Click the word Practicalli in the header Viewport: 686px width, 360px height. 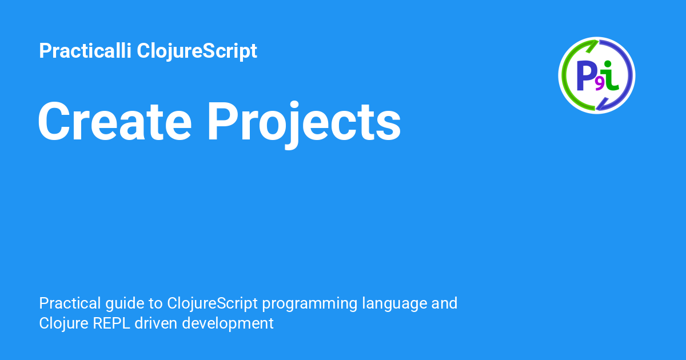click(x=85, y=50)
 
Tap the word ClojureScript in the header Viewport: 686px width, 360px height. click(x=197, y=51)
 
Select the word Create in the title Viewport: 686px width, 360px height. click(x=115, y=122)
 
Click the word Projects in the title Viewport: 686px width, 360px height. click(x=304, y=124)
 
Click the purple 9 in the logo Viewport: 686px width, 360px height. click(x=600, y=84)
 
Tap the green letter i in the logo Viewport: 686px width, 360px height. click(x=609, y=76)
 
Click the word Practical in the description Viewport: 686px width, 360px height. click(x=70, y=303)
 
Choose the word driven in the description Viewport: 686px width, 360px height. click(x=156, y=323)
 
